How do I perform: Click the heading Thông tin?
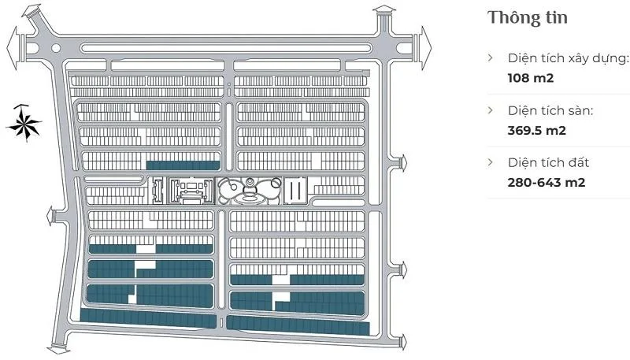pos(528,17)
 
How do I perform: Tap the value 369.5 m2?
pos(537,131)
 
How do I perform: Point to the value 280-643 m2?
pos(547,183)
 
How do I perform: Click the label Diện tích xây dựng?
pos(568,58)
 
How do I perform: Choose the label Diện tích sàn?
pos(550,111)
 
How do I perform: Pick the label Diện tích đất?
pos(548,163)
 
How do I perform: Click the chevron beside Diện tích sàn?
pos(491,111)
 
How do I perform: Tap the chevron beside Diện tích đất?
pos(491,163)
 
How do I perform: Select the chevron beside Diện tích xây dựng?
pos(491,58)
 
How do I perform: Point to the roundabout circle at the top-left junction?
pos(55,48)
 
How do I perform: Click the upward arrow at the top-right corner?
pos(384,11)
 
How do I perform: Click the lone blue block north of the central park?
pos(183,165)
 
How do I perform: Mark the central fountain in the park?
pos(249,189)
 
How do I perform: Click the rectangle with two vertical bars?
pos(296,190)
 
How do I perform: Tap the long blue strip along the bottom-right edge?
pos(298,325)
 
